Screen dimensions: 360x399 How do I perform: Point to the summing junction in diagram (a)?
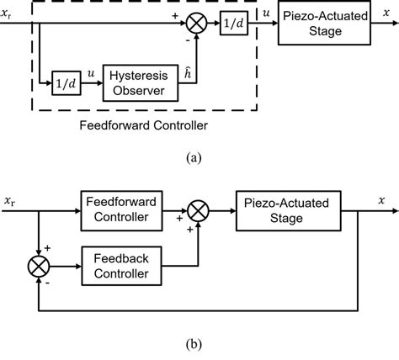tap(194, 25)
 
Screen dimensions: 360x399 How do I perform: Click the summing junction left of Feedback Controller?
tap(39, 267)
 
